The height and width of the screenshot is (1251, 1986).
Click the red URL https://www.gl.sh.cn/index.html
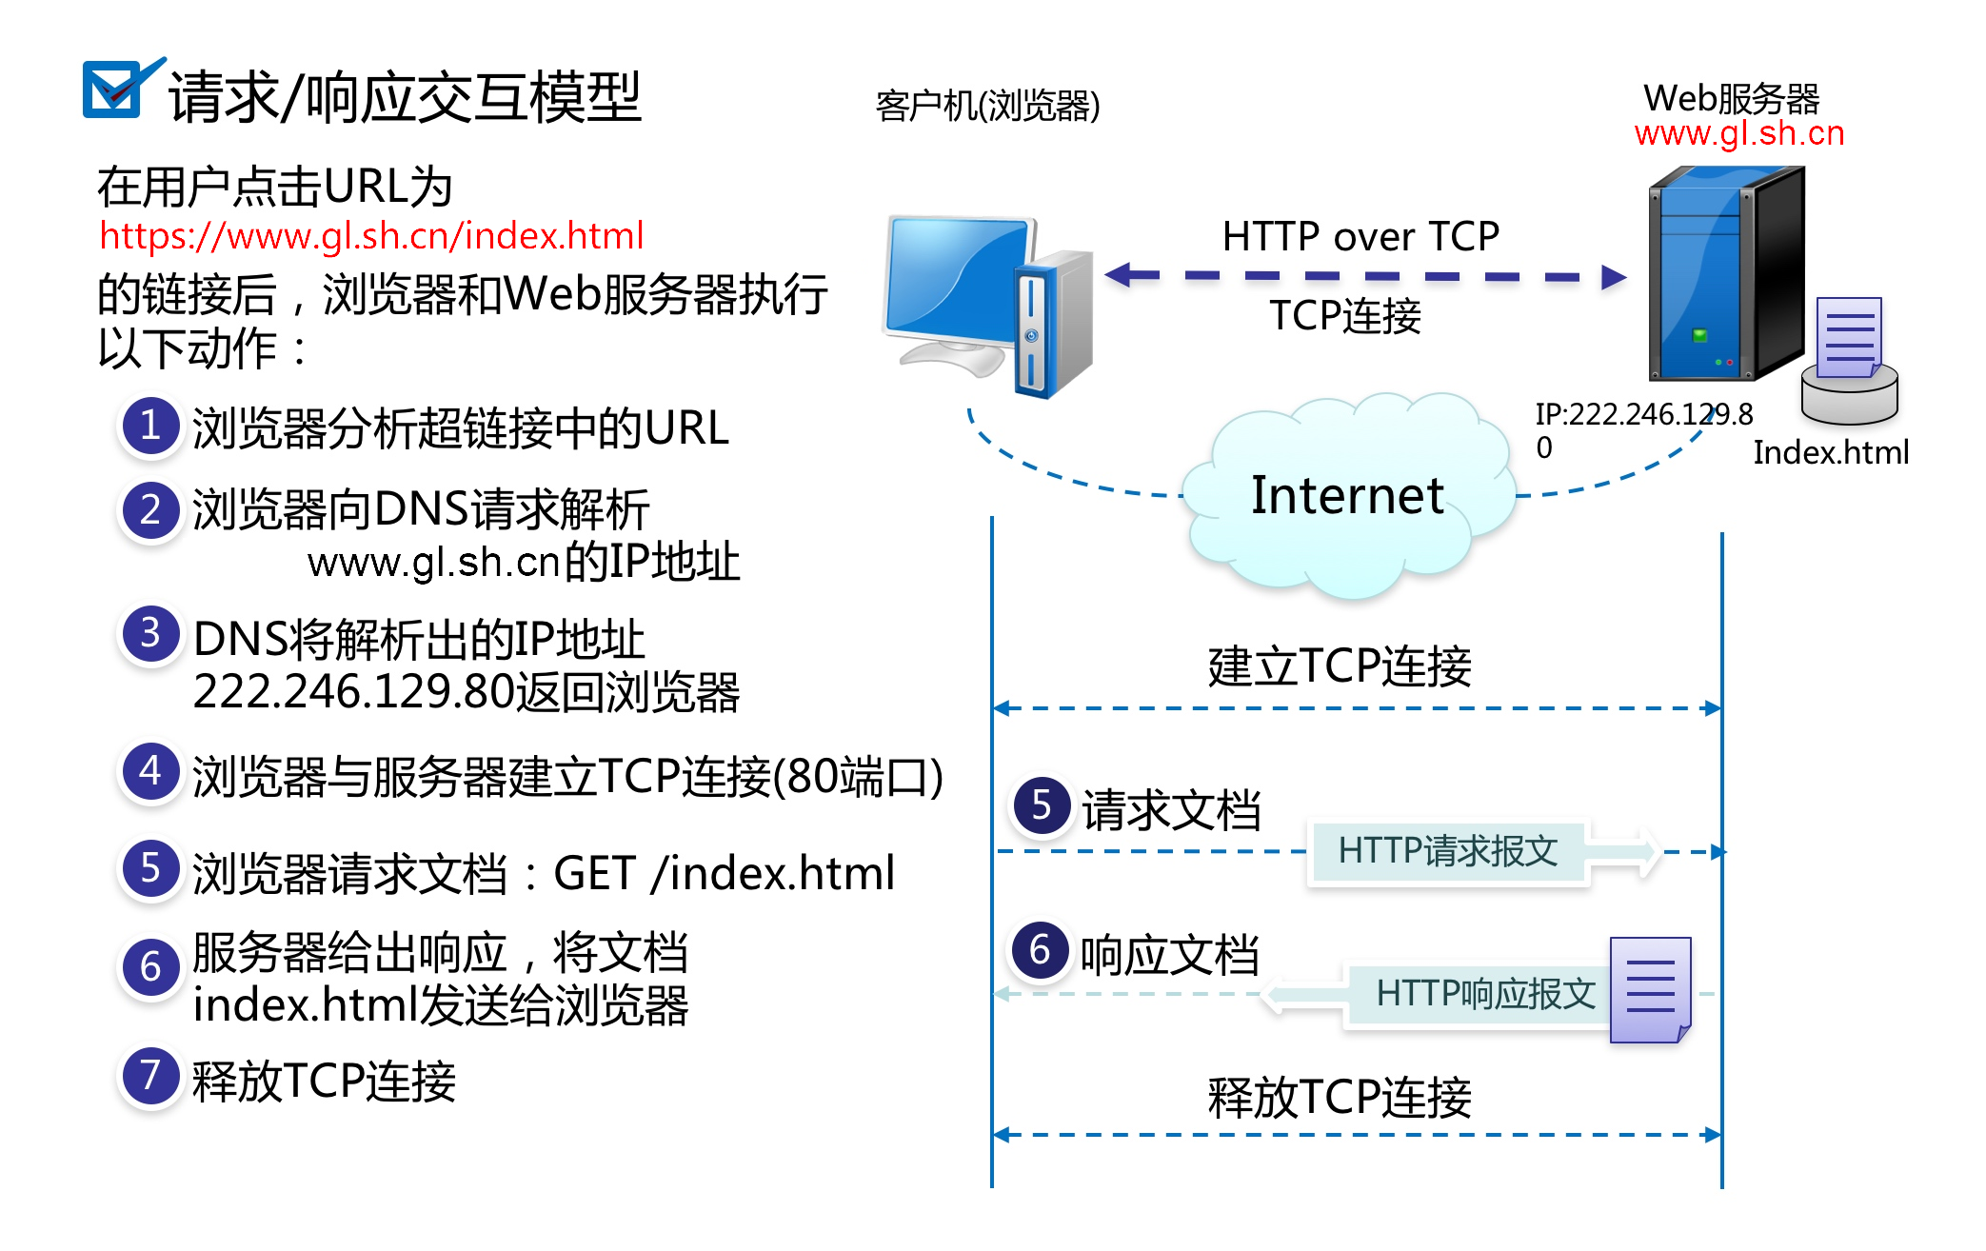pyautogui.click(x=371, y=236)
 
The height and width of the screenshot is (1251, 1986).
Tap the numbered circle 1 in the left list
pyautogui.click(x=150, y=426)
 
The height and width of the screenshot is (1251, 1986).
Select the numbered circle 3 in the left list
pyautogui.click(x=150, y=634)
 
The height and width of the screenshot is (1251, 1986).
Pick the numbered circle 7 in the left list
pyautogui.click(x=150, y=1077)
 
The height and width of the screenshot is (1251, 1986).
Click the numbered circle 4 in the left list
pyautogui.click(x=150, y=771)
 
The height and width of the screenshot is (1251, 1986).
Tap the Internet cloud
pyautogui.click(x=1347, y=495)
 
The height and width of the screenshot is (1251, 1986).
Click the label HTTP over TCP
pyautogui.click(x=1360, y=236)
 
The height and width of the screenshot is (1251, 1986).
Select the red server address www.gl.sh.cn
pyautogui.click(x=1739, y=133)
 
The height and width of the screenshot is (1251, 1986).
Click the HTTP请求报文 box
pyautogui.click(x=1447, y=851)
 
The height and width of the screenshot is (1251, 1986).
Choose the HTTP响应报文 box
pyautogui.click(x=1484, y=994)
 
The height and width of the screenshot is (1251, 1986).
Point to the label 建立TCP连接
pyautogui.click(x=1340, y=666)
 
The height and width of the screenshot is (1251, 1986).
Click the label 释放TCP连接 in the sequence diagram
pyautogui.click(x=1340, y=1097)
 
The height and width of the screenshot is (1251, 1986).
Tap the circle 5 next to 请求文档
pyautogui.click(x=1042, y=805)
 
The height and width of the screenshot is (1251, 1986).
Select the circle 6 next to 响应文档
pyautogui.click(x=1041, y=950)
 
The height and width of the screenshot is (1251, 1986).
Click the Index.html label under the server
pyautogui.click(x=1831, y=452)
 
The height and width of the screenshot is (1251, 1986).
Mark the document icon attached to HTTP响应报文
pyautogui.click(x=1650, y=990)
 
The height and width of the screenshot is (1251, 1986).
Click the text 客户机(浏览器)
pyautogui.click(x=987, y=106)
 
